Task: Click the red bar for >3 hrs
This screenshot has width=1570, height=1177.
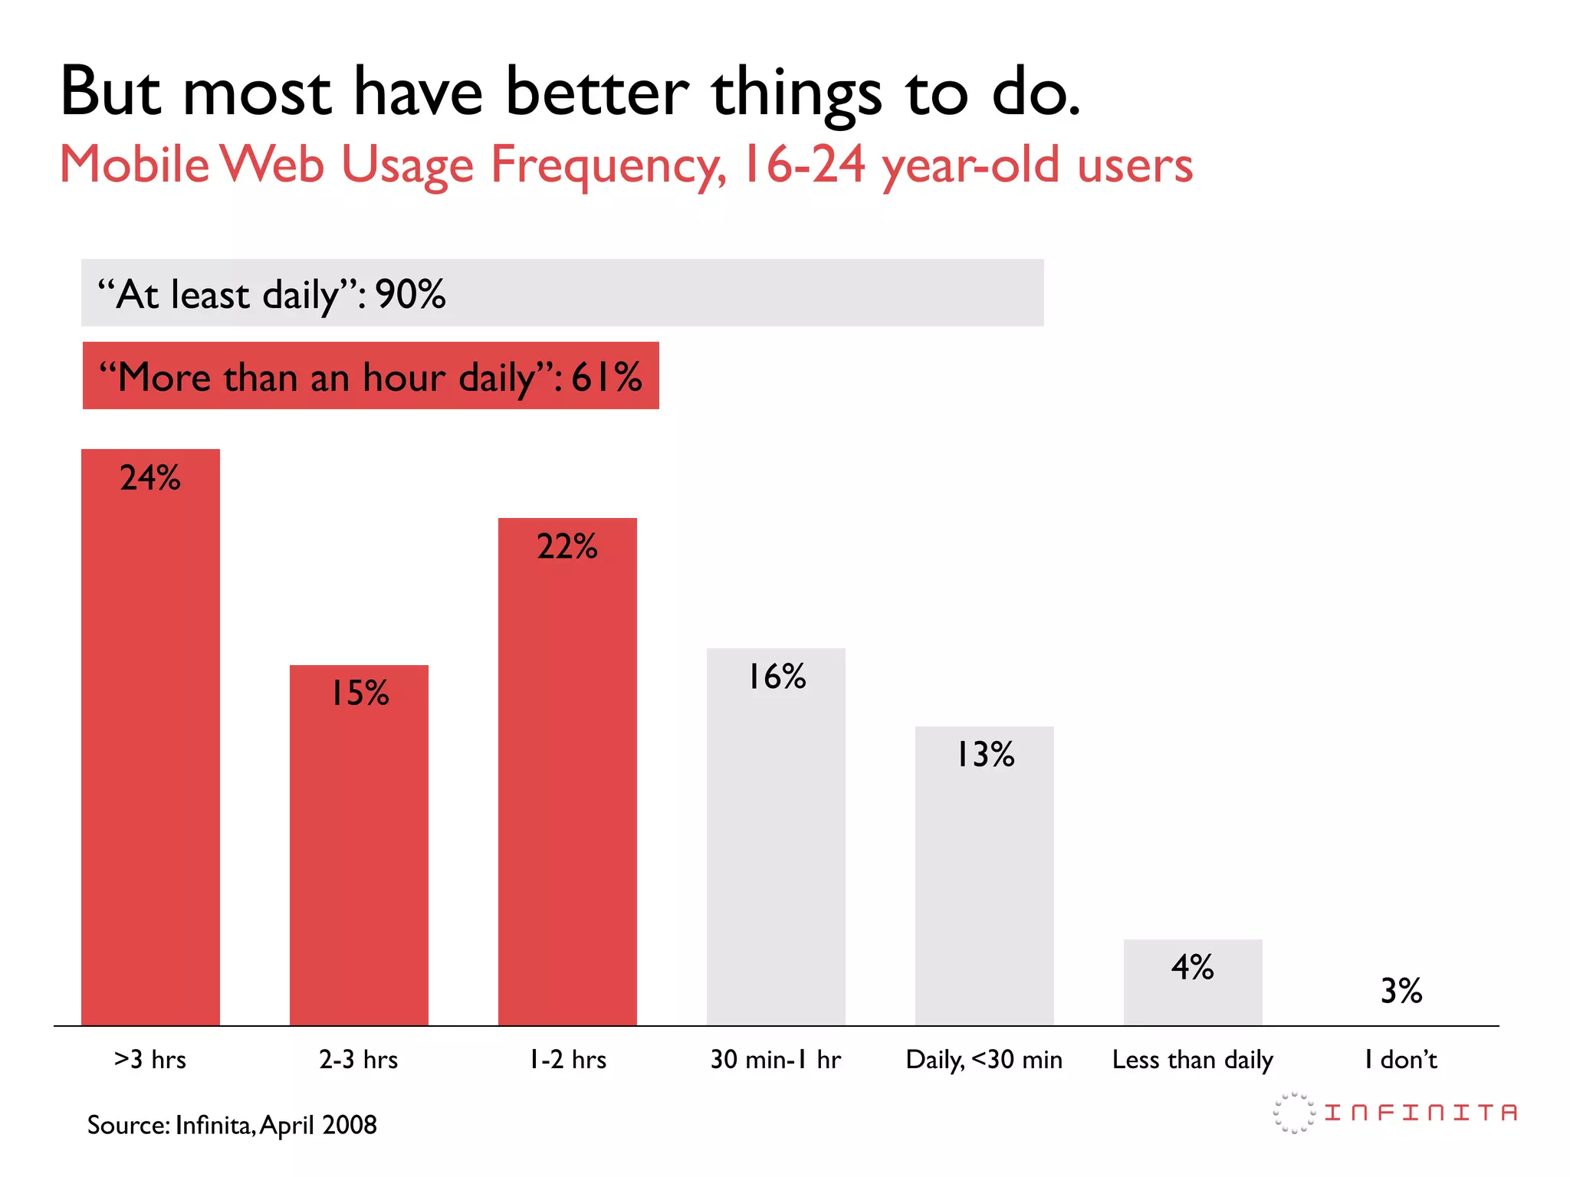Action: [x=150, y=751]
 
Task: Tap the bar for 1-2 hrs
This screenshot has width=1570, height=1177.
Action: [x=567, y=782]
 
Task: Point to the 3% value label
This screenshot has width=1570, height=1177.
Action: [x=1401, y=991]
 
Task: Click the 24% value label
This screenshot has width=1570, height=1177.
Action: [x=150, y=478]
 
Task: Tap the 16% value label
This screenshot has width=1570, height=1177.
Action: [x=777, y=677]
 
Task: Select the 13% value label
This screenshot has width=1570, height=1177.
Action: [x=985, y=755]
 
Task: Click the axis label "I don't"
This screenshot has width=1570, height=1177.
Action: [x=1401, y=1060]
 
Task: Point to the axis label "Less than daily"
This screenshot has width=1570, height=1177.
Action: [x=1193, y=1060]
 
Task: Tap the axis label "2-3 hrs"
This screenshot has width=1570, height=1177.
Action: [x=359, y=1060]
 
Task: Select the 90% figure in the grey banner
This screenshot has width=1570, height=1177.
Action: [x=410, y=294]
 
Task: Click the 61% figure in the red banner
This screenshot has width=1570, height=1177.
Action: [x=606, y=377]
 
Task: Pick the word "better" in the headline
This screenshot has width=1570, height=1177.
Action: [x=597, y=92]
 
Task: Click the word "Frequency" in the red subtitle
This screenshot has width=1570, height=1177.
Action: [x=608, y=166]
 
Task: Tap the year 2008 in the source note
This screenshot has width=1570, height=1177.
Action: [x=350, y=1125]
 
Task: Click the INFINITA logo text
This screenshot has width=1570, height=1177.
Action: [x=1421, y=1113]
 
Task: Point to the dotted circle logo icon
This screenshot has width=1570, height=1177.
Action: [x=1294, y=1113]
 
